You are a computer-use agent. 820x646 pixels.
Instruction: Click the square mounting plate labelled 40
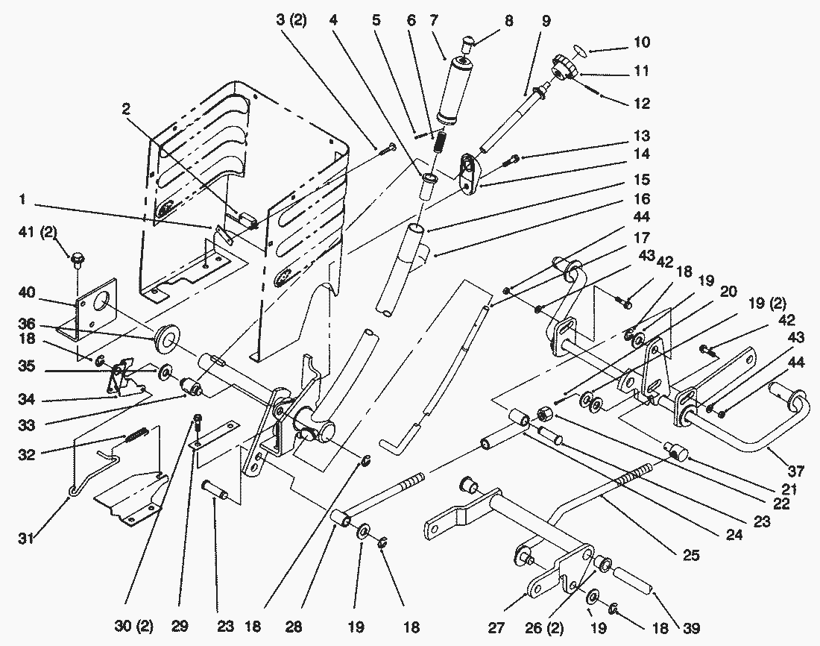click(97, 311)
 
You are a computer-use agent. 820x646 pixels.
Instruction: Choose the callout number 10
click(640, 43)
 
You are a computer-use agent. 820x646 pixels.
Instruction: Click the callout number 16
click(641, 199)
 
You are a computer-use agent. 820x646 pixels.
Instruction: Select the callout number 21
click(789, 490)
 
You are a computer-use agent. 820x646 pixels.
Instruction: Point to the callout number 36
click(28, 324)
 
